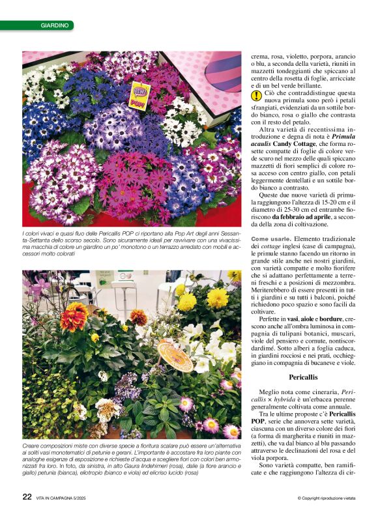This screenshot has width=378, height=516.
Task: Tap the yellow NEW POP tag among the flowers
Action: pyautogui.click(x=139, y=95)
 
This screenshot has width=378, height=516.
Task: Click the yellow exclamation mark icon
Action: pyautogui.click(x=257, y=96)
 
